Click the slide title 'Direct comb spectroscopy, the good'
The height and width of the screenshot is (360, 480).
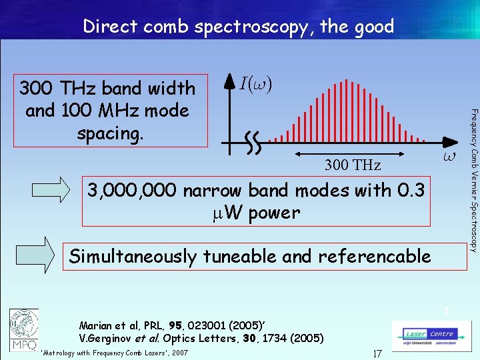239,27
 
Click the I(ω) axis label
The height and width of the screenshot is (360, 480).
256,84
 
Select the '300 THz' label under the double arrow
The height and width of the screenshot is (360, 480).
352,165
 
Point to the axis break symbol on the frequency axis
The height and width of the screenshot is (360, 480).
252,142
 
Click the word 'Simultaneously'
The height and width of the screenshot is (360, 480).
133,257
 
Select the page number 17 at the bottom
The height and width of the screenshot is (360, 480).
377,353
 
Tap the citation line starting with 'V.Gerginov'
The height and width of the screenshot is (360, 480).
201,339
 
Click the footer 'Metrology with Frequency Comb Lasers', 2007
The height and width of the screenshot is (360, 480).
114,353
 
